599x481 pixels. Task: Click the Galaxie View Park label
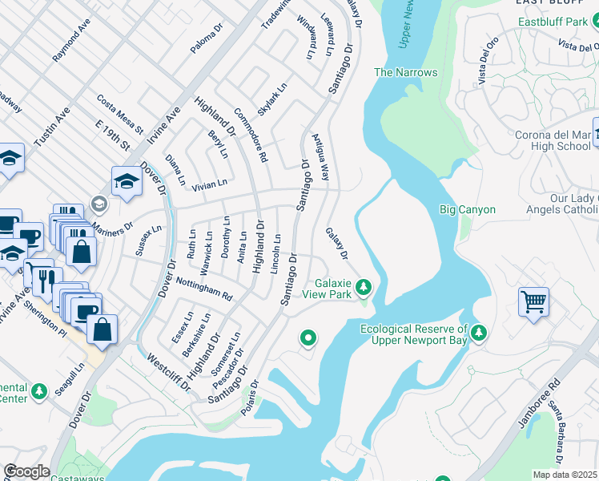(x=327, y=289)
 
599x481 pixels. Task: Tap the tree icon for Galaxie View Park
(x=364, y=286)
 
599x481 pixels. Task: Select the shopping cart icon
(x=533, y=302)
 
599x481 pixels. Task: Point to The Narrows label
(x=406, y=73)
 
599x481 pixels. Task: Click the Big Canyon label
(x=468, y=210)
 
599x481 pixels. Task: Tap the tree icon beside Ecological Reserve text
(x=479, y=332)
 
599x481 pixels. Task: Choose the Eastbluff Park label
(x=552, y=22)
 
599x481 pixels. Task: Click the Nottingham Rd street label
(x=203, y=289)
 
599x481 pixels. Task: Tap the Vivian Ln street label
(x=210, y=185)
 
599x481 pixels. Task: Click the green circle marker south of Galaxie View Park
(x=308, y=339)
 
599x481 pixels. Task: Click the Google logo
(x=26, y=471)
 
